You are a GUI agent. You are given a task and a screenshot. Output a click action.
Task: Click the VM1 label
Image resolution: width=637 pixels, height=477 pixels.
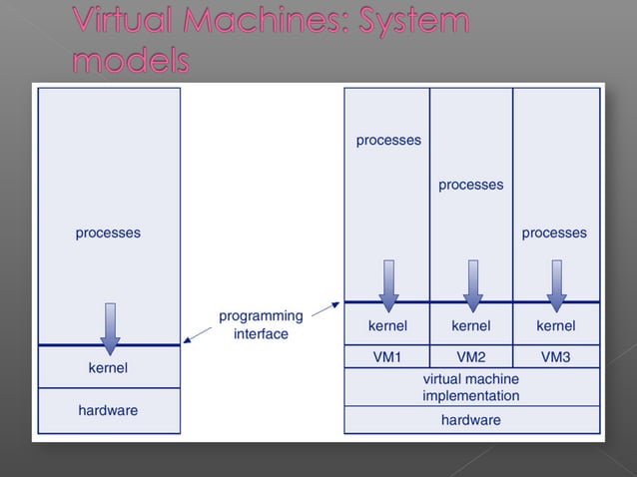(x=387, y=356)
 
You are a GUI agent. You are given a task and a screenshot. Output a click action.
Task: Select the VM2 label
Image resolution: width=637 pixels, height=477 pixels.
(x=471, y=356)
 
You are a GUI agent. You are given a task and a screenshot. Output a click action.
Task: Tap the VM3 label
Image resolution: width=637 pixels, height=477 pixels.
(x=555, y=356)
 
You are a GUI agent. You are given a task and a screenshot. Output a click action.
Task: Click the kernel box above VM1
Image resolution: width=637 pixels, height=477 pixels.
(x=387, y=325)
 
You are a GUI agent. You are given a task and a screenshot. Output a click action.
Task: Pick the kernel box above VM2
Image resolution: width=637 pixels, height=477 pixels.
(x=471, y=325)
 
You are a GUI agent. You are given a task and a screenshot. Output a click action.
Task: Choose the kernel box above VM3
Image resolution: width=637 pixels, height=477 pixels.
(x=555, y=325)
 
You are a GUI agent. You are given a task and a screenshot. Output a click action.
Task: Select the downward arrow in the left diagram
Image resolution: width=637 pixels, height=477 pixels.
(x=109, y=328)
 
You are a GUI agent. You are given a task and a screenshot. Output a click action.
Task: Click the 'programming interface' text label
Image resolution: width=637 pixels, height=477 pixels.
(x=261, y=325)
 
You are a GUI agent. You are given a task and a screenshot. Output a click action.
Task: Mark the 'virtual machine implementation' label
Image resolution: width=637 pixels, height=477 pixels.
(x=471, y=387)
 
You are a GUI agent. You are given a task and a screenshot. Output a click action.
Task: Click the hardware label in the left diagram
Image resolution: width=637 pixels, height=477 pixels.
(x=108, y=410)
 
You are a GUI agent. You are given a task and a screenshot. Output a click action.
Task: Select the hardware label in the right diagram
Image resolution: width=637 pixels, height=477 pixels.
(x=471, y=420)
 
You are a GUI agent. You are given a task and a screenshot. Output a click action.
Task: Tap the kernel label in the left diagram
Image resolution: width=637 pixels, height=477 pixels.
(x=108, y=368)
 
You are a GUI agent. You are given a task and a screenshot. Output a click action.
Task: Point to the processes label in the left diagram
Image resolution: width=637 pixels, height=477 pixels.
(x=108, y=234)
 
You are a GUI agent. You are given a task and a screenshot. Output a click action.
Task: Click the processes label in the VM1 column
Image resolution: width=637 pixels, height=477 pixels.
(x=388, y=141)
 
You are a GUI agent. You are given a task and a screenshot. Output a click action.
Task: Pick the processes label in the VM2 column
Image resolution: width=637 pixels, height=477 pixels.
(x=471, y=185)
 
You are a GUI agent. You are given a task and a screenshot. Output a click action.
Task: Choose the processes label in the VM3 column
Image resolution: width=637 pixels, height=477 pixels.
(x=554, y=234)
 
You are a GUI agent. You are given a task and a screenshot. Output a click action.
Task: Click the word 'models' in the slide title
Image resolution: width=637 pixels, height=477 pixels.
(x=130, y=61)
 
